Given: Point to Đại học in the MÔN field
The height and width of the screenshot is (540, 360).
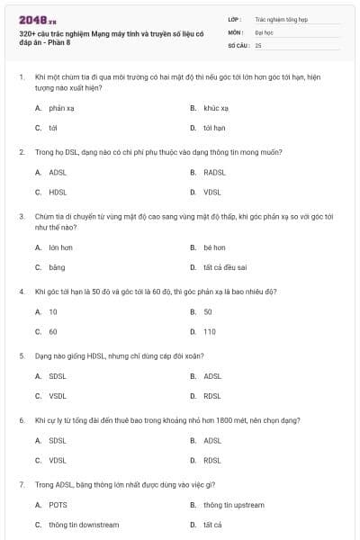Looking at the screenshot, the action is click(264, 31).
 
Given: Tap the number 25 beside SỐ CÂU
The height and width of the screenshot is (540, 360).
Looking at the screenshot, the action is click(258, 44).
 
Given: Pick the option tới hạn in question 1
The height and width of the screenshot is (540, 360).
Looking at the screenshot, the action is click(213, 128).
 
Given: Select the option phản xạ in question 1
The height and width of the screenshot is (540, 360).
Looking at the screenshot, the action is click(61, 107).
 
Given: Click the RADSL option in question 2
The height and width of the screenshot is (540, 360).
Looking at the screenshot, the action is click(214, 171).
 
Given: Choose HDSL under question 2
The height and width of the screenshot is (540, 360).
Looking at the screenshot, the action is click(58, 192).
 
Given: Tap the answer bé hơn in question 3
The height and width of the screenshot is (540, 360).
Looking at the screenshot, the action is click(213, 247).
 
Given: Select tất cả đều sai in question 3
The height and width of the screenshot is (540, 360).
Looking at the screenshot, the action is click(225, 267).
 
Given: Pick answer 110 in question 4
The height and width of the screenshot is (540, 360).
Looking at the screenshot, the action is click(210, 331).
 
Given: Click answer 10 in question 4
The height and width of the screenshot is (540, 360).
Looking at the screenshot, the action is click(53, 310).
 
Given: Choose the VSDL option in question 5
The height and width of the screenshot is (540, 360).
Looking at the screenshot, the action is click(58, 395).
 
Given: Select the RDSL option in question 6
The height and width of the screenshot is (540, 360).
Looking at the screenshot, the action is click(212, 460).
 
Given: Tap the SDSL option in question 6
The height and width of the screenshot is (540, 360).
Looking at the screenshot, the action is click(58, 440).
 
